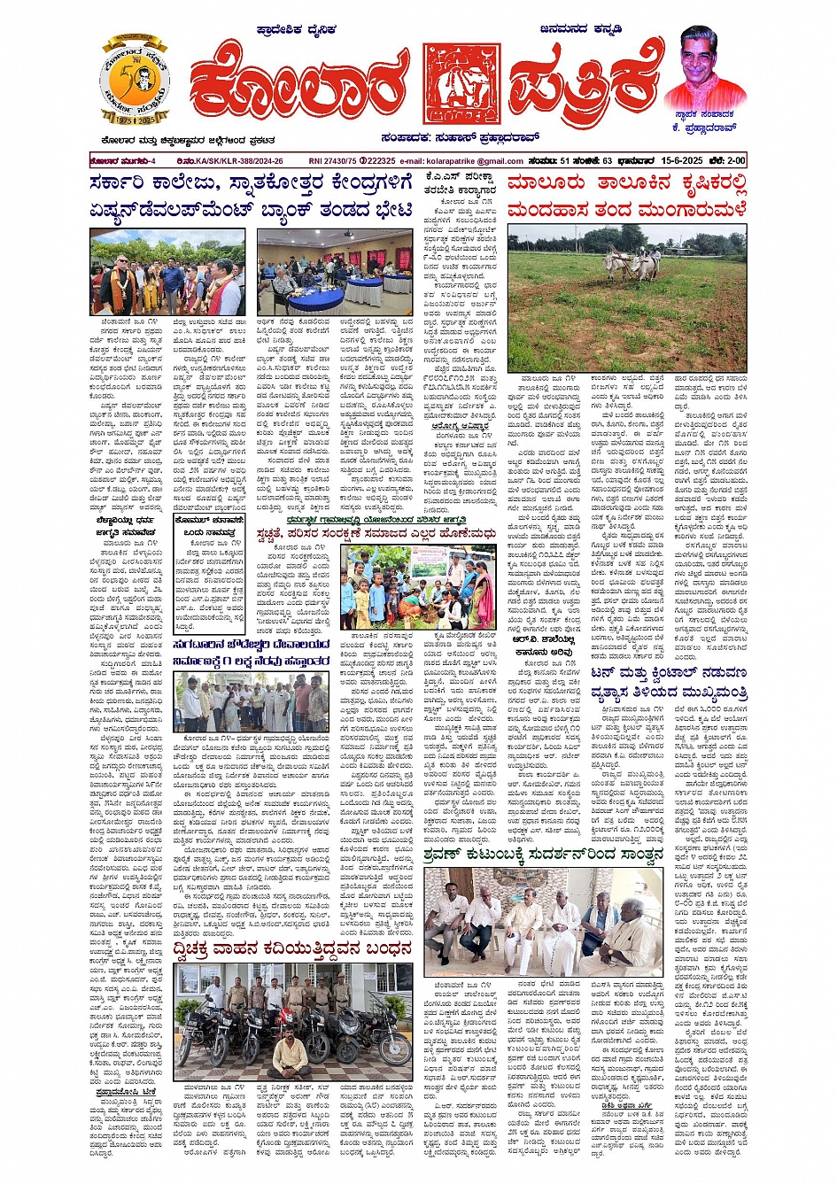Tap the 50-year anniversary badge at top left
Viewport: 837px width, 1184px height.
tap(134, 81)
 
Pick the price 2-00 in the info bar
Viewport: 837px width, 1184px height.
tap(732, 161)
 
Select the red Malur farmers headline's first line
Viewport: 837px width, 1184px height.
tap(626, 185)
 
